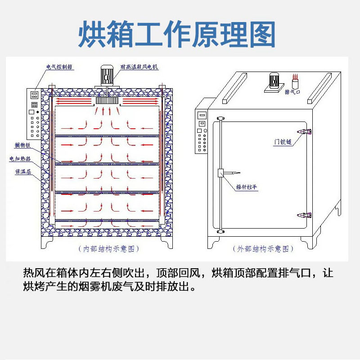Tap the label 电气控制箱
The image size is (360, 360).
pos(59,67)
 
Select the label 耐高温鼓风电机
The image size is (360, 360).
pos(139,67)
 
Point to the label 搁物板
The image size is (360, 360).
pos(22,145)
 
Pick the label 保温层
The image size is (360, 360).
pos(23,171)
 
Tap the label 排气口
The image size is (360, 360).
pos(292,92)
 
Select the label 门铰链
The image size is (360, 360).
pos(283,142)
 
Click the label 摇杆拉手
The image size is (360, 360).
pos(247,187)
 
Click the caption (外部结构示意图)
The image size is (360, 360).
pos(263,248)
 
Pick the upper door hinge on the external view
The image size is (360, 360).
pos(306,131)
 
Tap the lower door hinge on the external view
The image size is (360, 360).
pos(306,215)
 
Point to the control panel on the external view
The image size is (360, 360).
pos(202,133)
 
